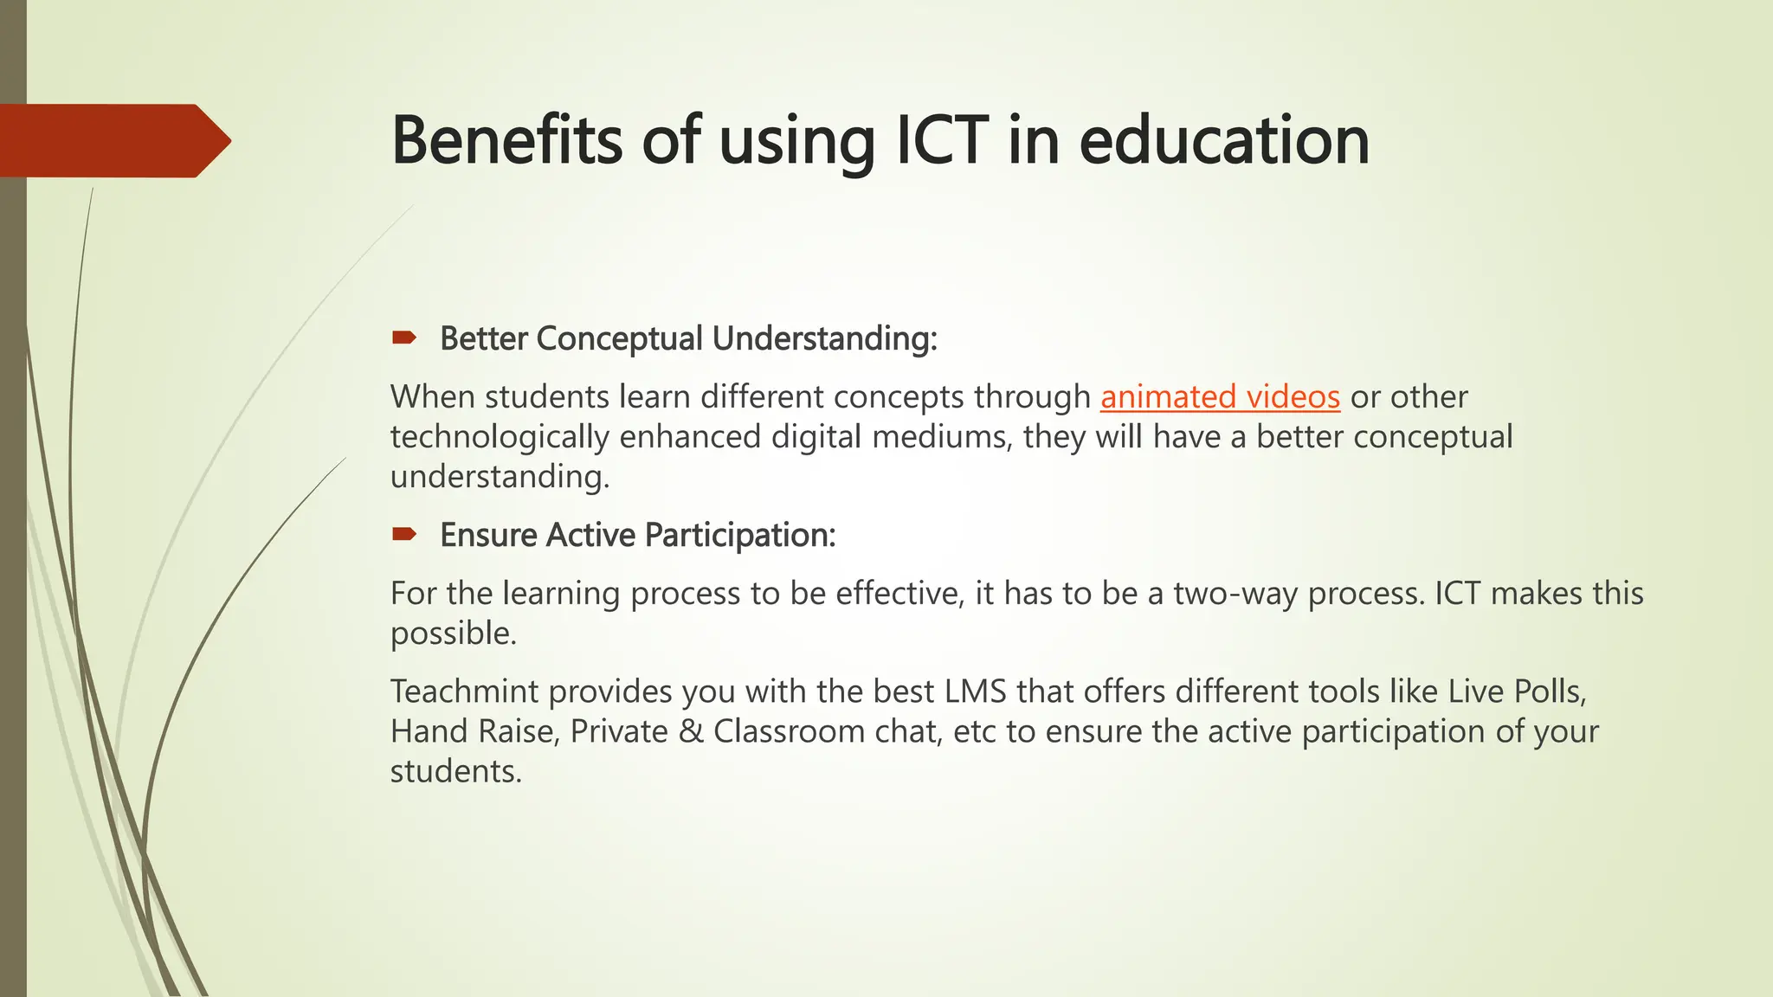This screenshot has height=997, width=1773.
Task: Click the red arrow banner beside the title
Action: (x=113, y=141)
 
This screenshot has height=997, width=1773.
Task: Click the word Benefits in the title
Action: (x=506, y=141)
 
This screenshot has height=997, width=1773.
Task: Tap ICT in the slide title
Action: (x=941, y=141)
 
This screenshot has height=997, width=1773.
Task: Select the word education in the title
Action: (x=1223, y=141)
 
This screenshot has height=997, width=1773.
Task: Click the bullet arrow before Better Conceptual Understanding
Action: (x=403, y=338)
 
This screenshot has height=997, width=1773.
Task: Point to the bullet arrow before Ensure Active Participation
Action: (x=403, y=534)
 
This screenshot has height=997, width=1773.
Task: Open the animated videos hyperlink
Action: (x=1220, y=397)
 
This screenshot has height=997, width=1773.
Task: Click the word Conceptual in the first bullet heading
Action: (x=619, y=338)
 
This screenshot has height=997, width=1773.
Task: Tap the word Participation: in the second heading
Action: (x=740, y=536)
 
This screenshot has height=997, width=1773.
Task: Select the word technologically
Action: (x=500, y=437)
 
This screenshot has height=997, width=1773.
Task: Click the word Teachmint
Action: (x=464, y=691)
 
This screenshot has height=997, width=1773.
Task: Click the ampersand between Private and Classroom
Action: (x=691, y=731)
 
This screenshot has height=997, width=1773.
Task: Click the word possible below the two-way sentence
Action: (x=453, y=634)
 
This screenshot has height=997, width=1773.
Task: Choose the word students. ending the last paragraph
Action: (x=455, y=771)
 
